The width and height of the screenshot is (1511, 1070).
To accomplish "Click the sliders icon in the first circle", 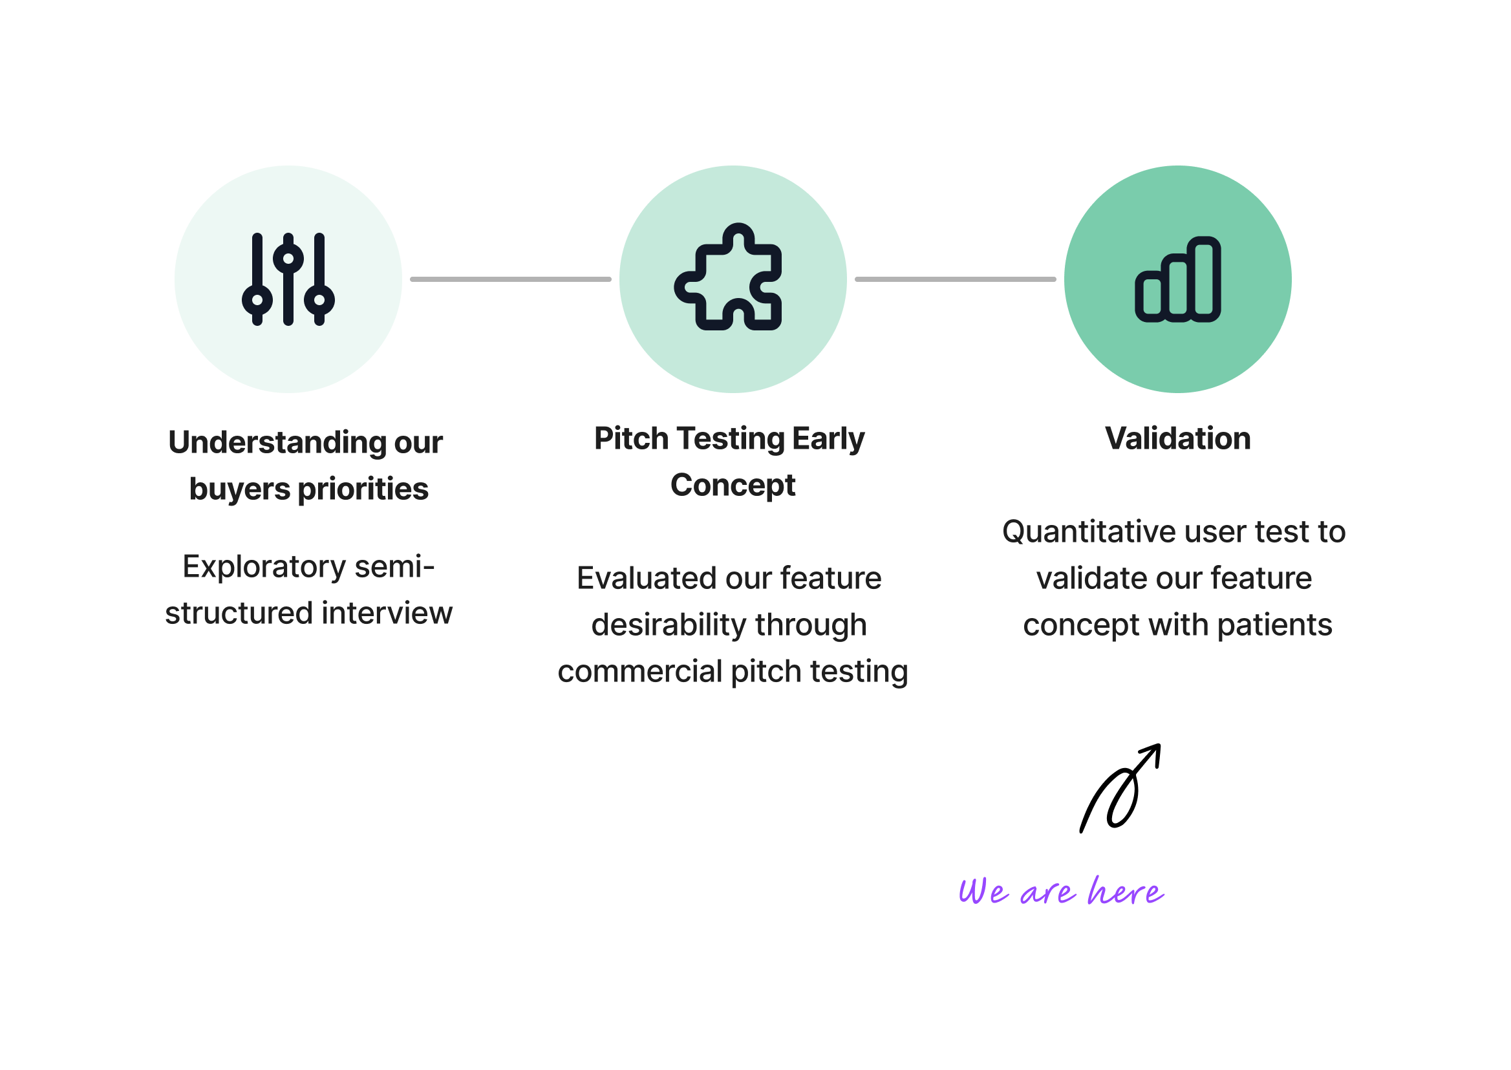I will pos(288,279).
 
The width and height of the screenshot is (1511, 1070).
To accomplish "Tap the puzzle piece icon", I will pos(729,277).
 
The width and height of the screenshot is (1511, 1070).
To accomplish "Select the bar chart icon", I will pos(1177,279).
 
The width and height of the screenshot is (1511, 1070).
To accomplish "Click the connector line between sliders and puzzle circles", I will pos(511,279).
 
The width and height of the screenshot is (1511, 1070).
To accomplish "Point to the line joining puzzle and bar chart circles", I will pos(955,279).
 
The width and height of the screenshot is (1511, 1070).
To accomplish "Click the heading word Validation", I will pos(1177,439).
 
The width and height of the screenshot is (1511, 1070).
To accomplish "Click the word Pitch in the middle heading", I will pos(631,439).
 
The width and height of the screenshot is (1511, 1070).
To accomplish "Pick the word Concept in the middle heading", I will pos(733,486).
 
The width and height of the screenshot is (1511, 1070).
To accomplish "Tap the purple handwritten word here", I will pos(1125,892).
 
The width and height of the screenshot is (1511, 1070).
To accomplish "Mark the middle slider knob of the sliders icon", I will pos(288,257).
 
